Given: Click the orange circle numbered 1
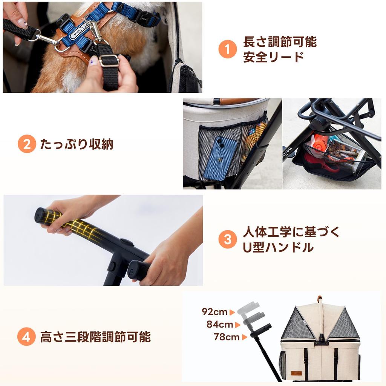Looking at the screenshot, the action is click(227, 49).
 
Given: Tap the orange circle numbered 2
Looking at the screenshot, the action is click(27, 144).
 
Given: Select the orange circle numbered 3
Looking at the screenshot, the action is click(227, 239).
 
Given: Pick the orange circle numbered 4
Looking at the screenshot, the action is click(26, 337).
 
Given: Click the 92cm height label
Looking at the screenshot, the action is click(214, 312).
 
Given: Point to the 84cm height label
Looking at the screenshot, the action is click(220, 325).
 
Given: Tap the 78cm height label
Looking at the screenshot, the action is click(226, 337).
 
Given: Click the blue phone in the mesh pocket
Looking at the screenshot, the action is click(220, 158).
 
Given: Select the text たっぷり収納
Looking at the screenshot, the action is click(77, 144).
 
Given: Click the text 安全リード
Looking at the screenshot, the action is click(274, 57).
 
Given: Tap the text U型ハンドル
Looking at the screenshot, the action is click(278, 247).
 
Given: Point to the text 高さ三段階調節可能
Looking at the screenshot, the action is click(95, 337).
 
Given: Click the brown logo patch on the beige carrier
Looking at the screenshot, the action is click(296, 373).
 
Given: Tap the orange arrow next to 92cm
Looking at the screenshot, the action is click(232, 312).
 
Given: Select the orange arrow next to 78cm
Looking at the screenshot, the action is click(244, 337).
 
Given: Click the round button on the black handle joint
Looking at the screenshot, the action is click(126, 242).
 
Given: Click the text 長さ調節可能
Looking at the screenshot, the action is click(280, 42).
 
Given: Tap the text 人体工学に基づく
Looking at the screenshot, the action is click(291, 232).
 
